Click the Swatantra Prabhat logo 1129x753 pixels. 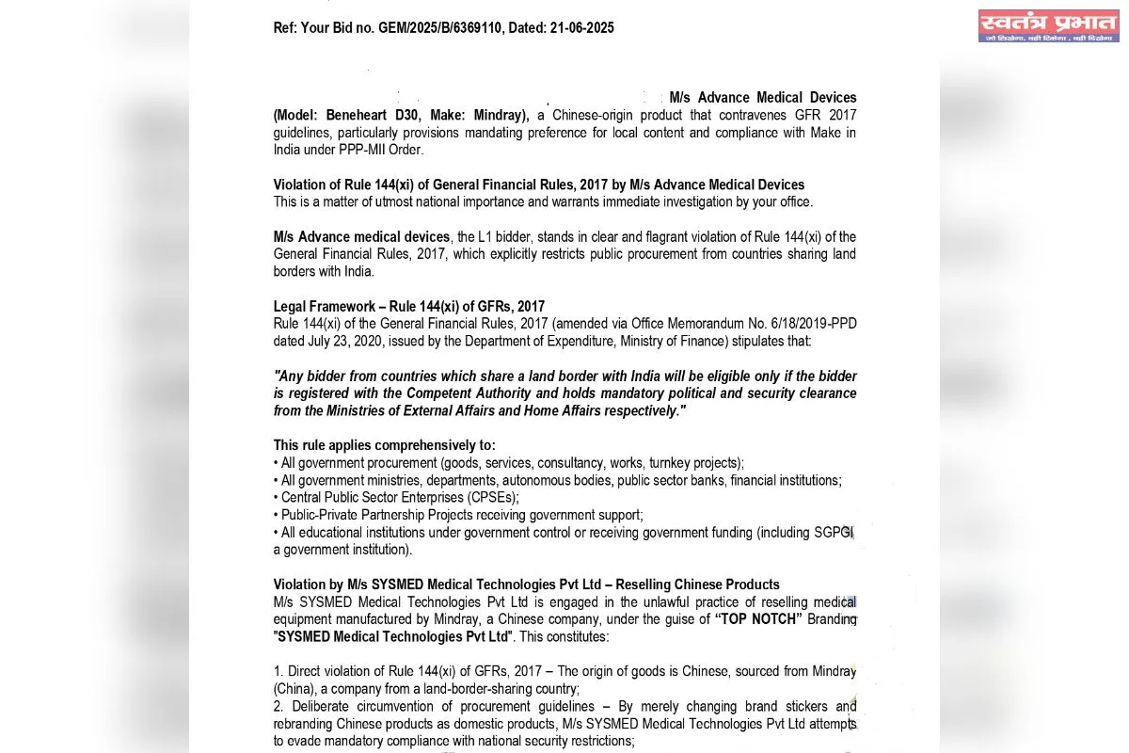(x=1047, y=26)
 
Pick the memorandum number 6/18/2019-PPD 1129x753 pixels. (x=812, y=324)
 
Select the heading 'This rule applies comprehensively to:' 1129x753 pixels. (x=384, y=445)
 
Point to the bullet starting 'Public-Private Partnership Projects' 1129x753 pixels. (x=461, y=515)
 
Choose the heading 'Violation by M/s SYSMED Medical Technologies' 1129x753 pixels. (x=526, y=585)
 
